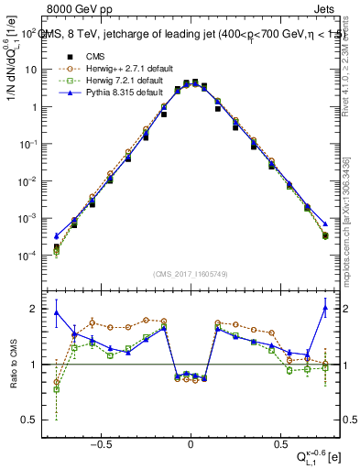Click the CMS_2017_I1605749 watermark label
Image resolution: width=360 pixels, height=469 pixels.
[191, 273]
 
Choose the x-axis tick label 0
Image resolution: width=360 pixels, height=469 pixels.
[191, 440]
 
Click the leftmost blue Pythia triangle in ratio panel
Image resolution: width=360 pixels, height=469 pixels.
[56, 312]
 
